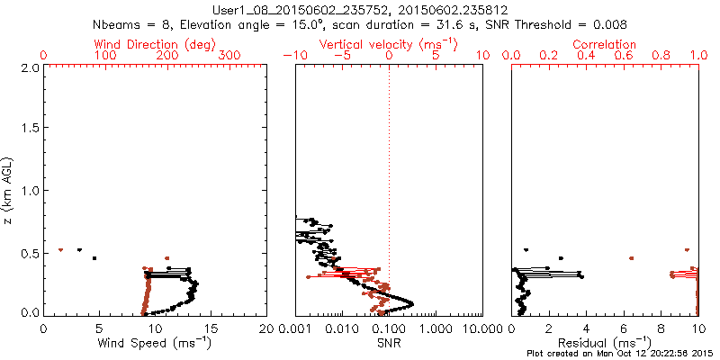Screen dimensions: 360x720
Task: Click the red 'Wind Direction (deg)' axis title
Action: (156, 44)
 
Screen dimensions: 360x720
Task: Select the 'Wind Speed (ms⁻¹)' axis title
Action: (156, 342)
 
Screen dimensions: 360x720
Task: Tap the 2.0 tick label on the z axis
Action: (28, 67)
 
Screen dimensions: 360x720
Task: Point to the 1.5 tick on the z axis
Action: (28, 129)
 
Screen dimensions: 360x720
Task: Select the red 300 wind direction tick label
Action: (230, 56)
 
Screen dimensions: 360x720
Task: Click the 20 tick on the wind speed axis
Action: (266, 328)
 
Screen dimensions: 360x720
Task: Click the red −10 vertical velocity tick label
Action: (293, 56)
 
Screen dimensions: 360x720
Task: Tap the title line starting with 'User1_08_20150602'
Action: (360, 11)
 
